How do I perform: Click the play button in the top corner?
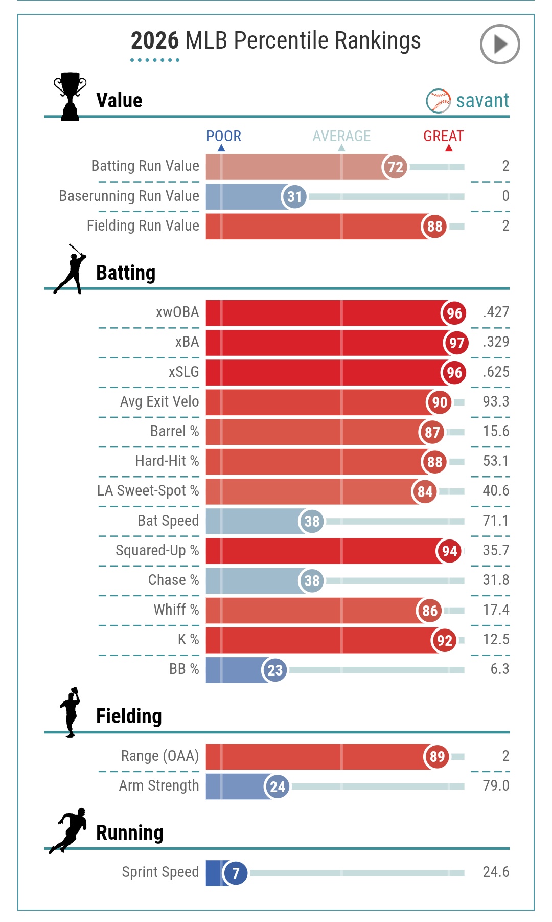tap(500, 44)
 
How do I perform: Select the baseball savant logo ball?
tap(438, 101)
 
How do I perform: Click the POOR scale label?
tap(223, 136)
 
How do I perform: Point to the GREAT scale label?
tap(443, 136)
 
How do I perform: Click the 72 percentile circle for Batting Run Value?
tap(395, 167)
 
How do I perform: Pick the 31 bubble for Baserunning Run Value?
tap(294, 197)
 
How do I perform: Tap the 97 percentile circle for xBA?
tap(456, 343)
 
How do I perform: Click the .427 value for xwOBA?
tap(496, 312)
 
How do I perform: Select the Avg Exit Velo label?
tap(159, 401)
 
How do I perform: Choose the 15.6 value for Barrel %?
tap(496, 431)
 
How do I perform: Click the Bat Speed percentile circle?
tap(312, 521)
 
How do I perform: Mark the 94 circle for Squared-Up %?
tap(449, 551)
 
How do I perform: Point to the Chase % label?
tap(173, 580)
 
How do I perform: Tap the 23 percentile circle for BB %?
tap(275, 670)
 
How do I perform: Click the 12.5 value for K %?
tap(496, 639)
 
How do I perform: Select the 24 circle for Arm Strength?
tap(278, 786)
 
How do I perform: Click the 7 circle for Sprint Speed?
tap(236, 873)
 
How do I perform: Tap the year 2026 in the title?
tap(155, 41)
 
